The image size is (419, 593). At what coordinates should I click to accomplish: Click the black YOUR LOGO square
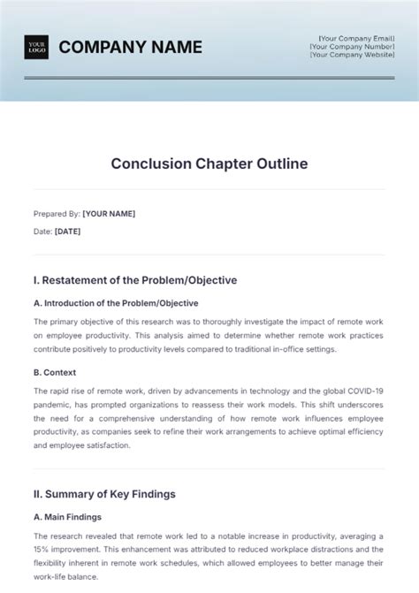(36, 47)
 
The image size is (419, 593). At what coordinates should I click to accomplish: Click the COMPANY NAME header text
(130, 47)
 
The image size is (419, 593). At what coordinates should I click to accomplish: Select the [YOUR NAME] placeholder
(109, 214)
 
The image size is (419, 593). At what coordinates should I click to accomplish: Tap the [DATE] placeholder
(67, 232)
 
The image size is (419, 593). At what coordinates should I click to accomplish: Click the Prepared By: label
(56, 214)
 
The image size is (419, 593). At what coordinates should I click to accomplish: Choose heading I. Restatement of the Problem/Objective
(134, 280)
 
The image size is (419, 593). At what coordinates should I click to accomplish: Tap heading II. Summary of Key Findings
(104, 493)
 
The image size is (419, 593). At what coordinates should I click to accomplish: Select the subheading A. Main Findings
(67, 517)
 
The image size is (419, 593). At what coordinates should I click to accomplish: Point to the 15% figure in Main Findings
(42, 548)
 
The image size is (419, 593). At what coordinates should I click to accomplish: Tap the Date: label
(42, 232)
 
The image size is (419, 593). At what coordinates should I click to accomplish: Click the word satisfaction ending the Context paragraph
(109, 446)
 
